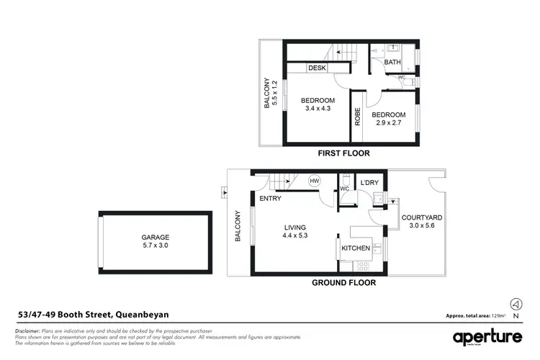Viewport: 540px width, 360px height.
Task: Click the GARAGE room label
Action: [x=156, y=236]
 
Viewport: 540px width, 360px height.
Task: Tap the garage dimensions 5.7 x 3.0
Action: [x=156, y=246]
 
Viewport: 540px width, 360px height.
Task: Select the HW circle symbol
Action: [x=314, y=181]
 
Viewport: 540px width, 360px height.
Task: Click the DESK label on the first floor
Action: [x=317, y=68]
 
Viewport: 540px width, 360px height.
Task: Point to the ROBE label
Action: [x=357, y=117]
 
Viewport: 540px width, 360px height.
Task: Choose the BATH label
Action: [x=392, y=63]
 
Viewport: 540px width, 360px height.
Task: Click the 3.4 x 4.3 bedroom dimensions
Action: [x=318, y=109]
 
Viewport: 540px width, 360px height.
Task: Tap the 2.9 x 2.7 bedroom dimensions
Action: [x=388, y=124]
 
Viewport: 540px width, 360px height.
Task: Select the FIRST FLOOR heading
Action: [x=343, y=153]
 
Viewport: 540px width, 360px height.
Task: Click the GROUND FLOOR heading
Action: [x=343, y=283]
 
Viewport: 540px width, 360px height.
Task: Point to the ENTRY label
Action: [x=271, y=199]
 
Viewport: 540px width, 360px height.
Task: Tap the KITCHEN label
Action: [x=356, y=248]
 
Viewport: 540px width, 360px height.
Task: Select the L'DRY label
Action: [x=369, y=184]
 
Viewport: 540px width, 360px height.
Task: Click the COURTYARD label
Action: [x=421, y=217]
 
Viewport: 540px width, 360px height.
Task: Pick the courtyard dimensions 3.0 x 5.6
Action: [x=421, y=227]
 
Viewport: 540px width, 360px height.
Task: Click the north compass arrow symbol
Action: [x=514, y=303]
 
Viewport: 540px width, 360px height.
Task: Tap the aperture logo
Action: [x=487, y=337]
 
